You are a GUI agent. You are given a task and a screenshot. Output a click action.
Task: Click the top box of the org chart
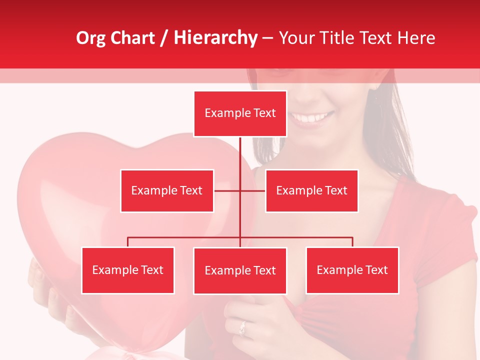click(x=240, y=113)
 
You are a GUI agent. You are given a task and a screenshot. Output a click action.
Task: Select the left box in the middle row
click(x=167, y=190)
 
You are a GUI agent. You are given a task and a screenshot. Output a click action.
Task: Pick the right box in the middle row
click(x=311, y=190)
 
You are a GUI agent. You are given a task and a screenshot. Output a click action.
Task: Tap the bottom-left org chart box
click(x=128, y=270)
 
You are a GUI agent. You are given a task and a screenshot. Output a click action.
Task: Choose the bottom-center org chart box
click(x=240, y=270)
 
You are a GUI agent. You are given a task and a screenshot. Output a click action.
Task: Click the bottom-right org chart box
click(x=352, y=270)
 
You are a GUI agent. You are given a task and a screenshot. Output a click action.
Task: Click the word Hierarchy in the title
click(x=215, y=38)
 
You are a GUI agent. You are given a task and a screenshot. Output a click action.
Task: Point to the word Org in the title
click(x=90, y=38)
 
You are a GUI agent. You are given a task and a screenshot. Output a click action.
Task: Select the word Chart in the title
click(x=133, y=38)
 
